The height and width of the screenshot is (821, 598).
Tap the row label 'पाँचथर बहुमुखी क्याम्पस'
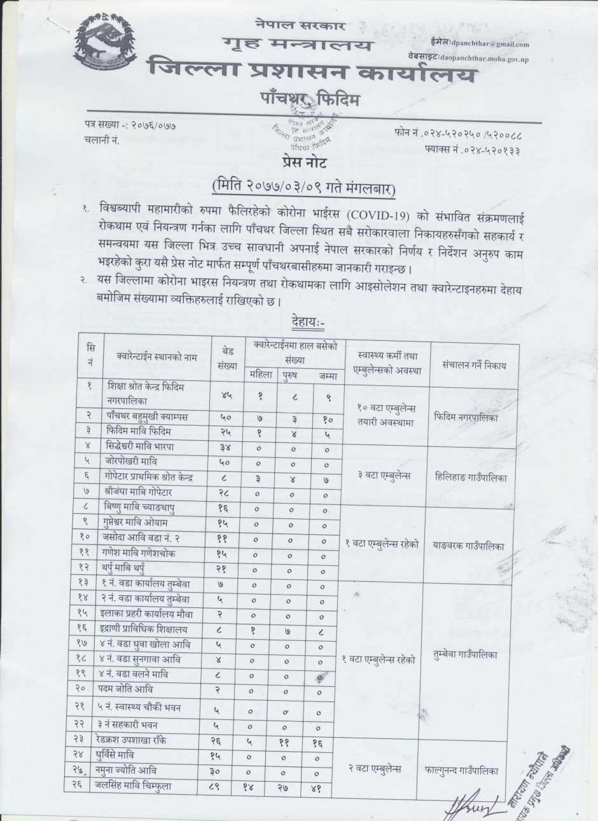[x=149, y=416]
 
